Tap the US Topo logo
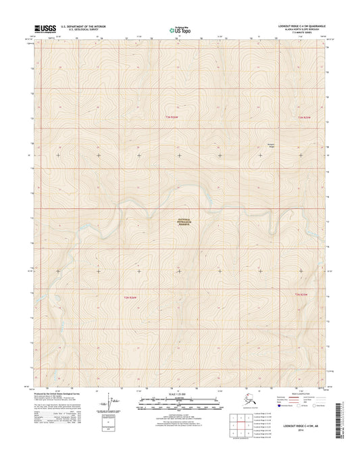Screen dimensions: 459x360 (x=174, y=29)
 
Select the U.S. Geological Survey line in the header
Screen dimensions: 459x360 (x=78, y=30)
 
